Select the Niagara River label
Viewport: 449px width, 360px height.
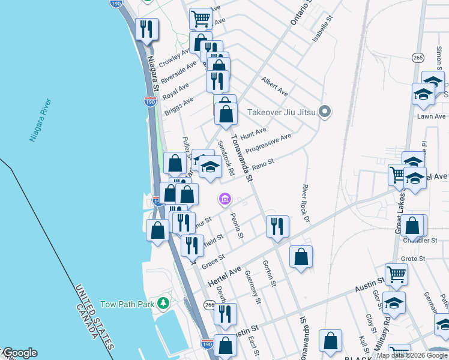(41, 121)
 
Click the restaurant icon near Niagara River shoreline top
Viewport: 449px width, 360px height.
(146, 29)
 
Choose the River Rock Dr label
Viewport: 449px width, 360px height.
(306, 204)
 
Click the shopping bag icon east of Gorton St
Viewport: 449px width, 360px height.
(301, 256)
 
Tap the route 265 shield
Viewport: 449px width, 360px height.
(418, 57)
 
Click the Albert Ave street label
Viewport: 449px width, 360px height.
(274, 87)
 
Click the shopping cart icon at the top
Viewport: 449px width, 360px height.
(201, 18)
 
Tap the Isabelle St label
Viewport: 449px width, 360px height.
(322, 28)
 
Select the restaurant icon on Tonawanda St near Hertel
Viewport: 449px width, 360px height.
(277, 226)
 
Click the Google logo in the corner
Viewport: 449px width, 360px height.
(19, 353)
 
